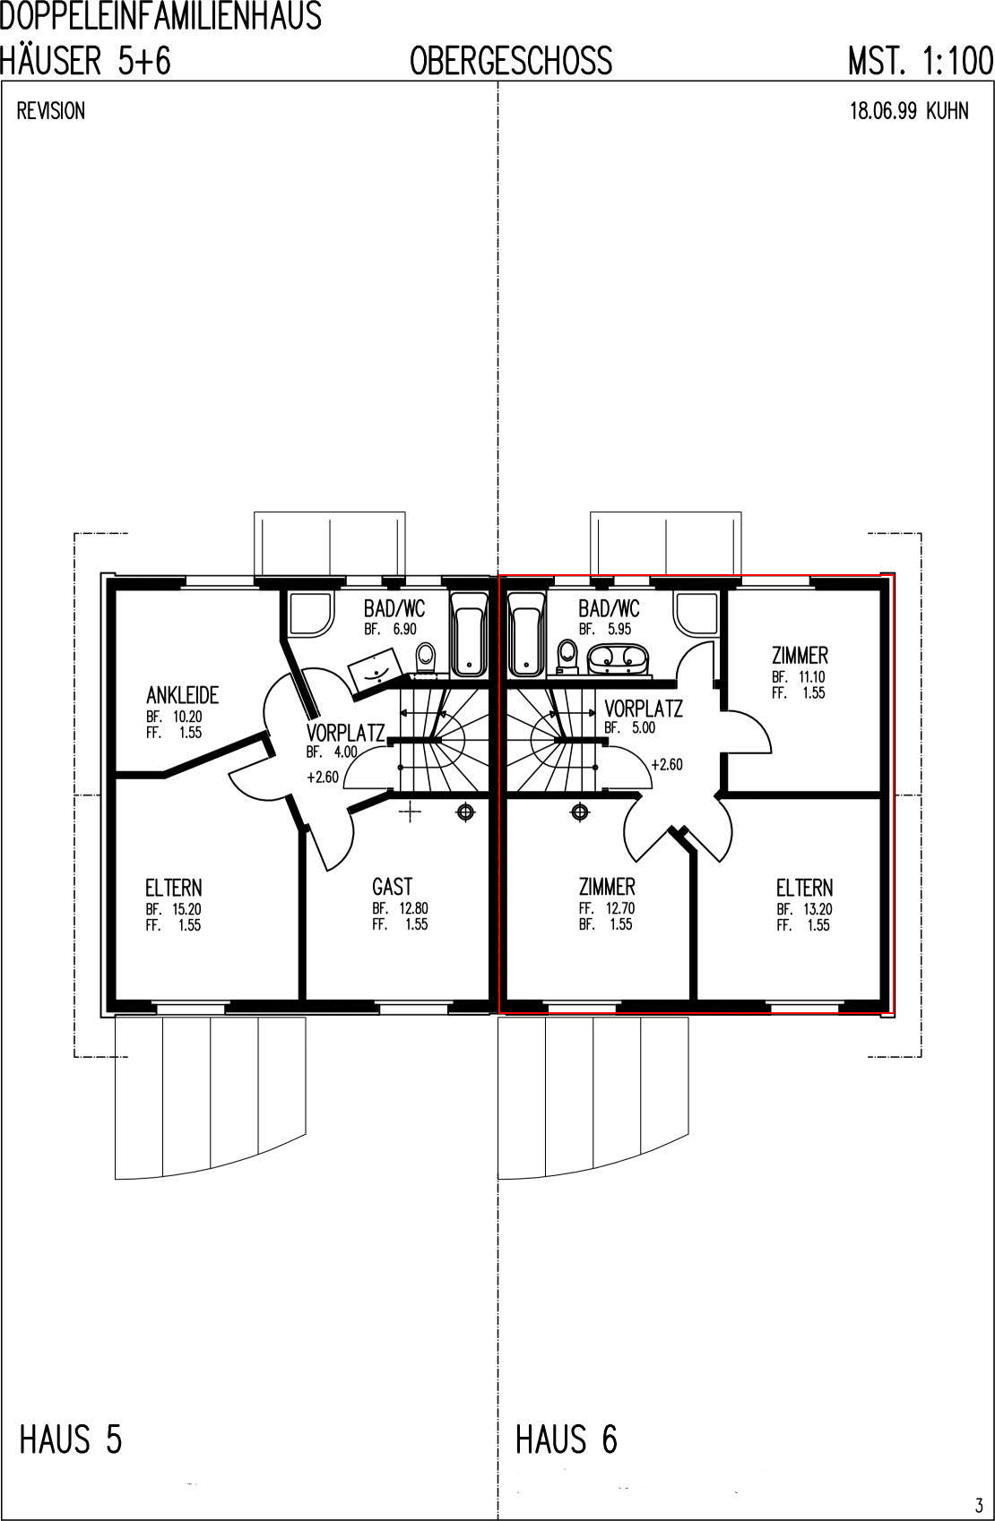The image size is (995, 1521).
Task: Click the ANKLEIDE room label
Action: coord(182,694)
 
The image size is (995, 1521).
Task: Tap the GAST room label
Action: coord(392,886)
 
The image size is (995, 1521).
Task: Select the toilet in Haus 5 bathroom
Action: coord(426,658)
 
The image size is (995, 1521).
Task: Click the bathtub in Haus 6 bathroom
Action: coord(527,633)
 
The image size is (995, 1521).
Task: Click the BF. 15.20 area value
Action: coord(173,908)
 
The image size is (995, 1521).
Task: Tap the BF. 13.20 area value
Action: coord(805,908)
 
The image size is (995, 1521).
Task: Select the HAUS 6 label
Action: coord(567,1439)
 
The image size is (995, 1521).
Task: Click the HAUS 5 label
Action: coord(71,1439)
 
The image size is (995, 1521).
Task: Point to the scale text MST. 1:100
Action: coord(921,61)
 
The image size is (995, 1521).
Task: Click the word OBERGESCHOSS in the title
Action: coord(511,61)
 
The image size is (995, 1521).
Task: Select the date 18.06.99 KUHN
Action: coord(909,111)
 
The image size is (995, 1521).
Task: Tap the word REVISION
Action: coord(51,111)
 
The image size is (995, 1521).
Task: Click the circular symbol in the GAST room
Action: coord(465,812)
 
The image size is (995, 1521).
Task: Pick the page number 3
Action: coord(979,1504)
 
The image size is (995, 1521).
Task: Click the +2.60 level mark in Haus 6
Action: coord(667,765)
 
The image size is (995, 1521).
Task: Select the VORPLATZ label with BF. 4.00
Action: coord(345,733)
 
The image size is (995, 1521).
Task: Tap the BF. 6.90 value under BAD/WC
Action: coord(390,630)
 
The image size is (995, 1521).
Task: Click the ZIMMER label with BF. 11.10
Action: coord(800,656)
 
